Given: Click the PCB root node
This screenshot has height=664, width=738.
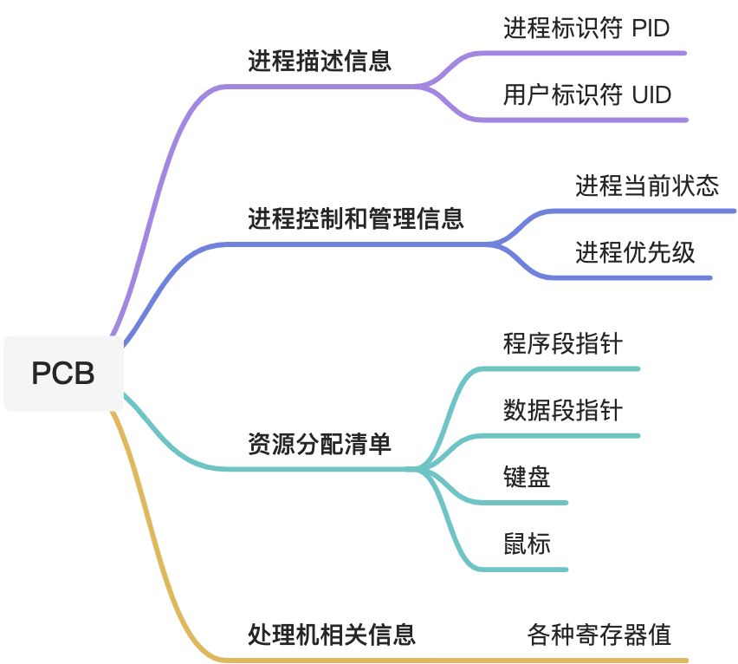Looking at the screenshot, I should tap(62, 373).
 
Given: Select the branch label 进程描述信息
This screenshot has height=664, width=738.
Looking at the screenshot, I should tap(320, 62).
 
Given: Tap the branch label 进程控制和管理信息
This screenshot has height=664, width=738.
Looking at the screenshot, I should tap(356, 218).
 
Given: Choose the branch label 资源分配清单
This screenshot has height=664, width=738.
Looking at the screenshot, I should tap(320, 445).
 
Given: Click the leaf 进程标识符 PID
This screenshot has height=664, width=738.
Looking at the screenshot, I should tap(586, 29).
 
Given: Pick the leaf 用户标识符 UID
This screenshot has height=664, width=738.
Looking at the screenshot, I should tap(587, 94).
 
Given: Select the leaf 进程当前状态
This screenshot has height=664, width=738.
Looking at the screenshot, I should tap(647, 186).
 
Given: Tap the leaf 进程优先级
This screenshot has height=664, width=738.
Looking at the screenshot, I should tap(635, 252).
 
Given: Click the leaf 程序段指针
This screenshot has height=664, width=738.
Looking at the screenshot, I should tap(562, 343).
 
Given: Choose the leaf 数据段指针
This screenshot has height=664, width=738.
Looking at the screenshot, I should tap(562, 409).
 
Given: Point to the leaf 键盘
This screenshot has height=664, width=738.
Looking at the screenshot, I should tap(527, 477).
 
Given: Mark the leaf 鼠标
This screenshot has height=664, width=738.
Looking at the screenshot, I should tap(527, 544).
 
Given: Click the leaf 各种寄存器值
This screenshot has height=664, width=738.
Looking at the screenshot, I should tap(599, 635).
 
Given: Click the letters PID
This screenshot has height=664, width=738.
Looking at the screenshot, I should tap(651, 29).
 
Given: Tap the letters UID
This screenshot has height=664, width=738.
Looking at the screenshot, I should tap(651, 94).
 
